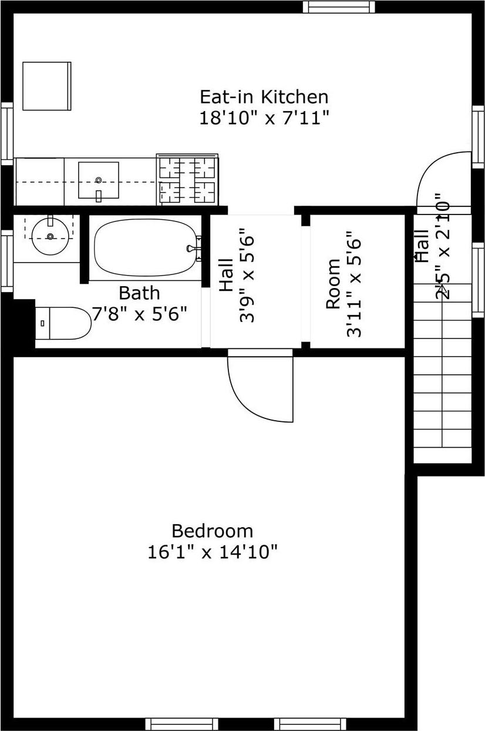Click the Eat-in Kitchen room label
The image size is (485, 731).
[264, 96]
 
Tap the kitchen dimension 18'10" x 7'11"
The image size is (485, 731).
[264, 118]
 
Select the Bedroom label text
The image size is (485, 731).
[212, 531]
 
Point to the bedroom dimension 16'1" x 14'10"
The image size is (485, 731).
[212, 552]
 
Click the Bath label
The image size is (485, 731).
[139, 293]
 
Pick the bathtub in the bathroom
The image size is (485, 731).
[145, 247]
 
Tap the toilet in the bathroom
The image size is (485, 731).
[63, 323]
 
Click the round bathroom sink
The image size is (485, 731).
[50, 236]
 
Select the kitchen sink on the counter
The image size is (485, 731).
[99, 180]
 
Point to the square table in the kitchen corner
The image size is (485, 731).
[46, 86]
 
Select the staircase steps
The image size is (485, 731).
[443, 376]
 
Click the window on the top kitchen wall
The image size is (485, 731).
[338, 7]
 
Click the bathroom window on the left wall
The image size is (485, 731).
[7, 261]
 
